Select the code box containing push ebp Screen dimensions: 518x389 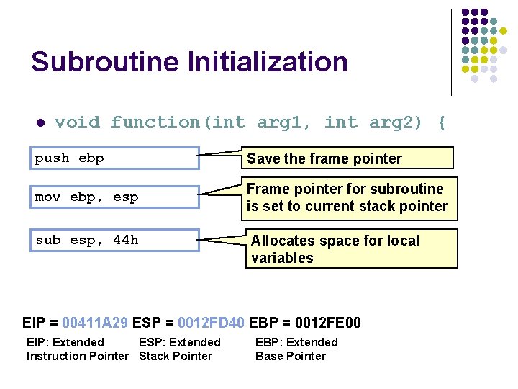(x=117, y=158)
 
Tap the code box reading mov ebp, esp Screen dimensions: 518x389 (x=117, y=197)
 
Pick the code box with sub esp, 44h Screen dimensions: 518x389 (x=117, y=240)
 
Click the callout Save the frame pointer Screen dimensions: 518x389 (x=349, y=158)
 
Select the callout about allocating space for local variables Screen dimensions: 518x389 (x=352, y=249)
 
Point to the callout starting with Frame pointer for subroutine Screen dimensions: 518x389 (x=349, y=197)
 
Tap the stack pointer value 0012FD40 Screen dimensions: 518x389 (x=211, y=323)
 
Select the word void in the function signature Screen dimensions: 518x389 (x=77, y=122)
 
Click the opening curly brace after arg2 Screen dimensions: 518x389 (x=441, y=122)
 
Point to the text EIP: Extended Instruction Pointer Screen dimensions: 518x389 (x=77, y=349)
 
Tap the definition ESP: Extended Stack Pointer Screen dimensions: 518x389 (x=179, y=349)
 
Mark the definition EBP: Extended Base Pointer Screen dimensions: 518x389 (x=296, y=349)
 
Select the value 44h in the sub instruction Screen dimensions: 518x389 (x=126, y=240)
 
